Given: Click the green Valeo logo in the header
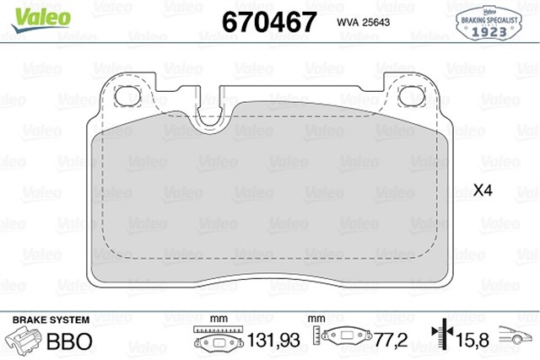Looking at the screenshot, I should [28, 15].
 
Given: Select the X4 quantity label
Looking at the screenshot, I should [482, 191].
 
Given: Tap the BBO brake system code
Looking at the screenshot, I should [69, 343].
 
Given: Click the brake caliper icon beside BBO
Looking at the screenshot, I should [25, 342].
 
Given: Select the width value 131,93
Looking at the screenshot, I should [272, 343].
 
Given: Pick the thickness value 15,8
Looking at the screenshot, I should [470, 343].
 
